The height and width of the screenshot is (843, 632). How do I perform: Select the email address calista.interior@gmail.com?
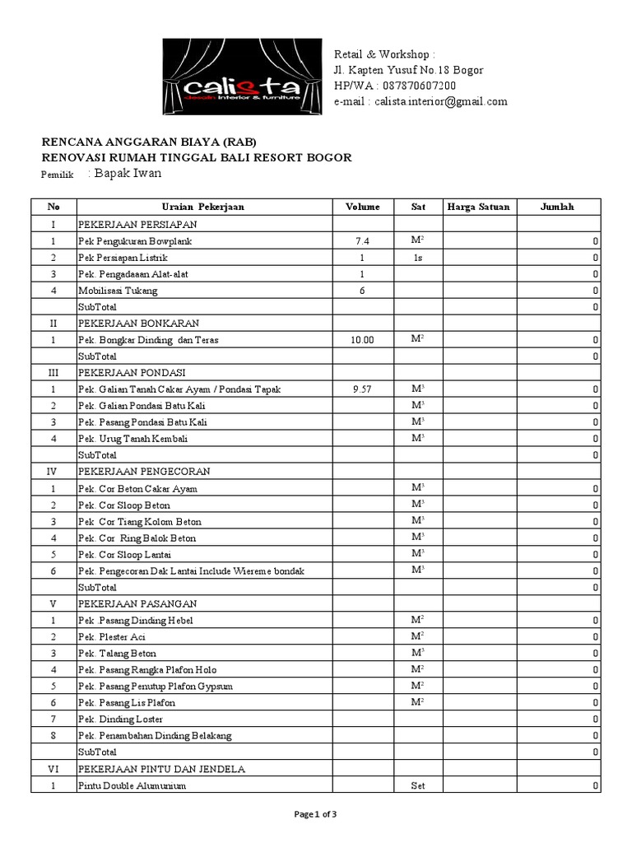click(440, 101)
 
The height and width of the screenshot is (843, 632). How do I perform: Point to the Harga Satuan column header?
click(478, 207)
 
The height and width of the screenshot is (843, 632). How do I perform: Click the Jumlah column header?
click(557, 207)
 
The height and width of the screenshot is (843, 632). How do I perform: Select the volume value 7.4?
click(362, 241)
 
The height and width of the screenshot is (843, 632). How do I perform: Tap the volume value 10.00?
click(362, 339)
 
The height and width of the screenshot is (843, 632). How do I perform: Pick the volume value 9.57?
click(362, 389)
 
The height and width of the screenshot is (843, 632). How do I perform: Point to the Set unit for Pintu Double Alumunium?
click(417, 785)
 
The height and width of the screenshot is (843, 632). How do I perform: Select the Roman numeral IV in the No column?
click(53, 471)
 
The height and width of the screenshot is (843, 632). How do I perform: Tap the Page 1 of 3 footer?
click(315, 814)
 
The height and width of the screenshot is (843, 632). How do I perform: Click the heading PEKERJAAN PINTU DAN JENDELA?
click(162, 768)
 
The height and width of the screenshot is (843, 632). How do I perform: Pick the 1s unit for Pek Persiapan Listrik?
click(417, 258)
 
